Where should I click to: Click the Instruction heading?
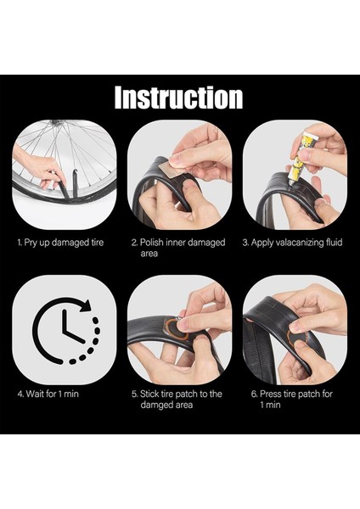(x=178, y=97)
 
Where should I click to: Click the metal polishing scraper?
(x=168, y=168)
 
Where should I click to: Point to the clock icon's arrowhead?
(x=86, y=305)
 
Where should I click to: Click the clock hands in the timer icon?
(x=72, y=327)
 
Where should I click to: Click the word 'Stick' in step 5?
(x=149, y=394)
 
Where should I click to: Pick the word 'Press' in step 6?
(x=270, y=394)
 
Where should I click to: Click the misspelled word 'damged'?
(x=156, y=405)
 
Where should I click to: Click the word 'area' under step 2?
(x=149, y=254)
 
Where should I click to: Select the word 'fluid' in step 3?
(x=334, y=242)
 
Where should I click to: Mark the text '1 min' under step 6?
(x=270, y=405)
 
